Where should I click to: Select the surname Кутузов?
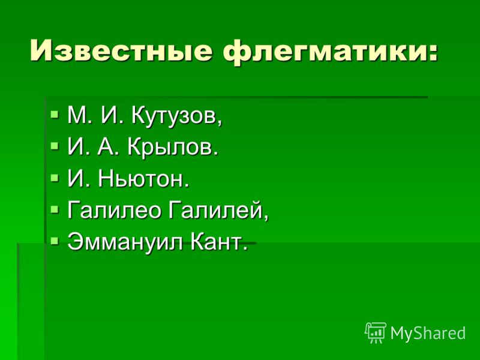[x=176, y=116]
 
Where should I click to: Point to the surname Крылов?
[x=173, y=148]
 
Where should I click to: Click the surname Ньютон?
[x=143, y=179]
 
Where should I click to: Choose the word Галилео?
[x=114, y=211]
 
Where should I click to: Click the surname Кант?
[x=218, y=242]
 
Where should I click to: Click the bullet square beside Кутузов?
[x=55, y=115]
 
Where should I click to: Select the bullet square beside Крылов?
[x=55, y=146]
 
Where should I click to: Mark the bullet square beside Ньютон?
[x=55, y=178]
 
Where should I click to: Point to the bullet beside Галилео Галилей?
[x=55, y=209]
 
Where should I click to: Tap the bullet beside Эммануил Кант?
[x=55, y=241]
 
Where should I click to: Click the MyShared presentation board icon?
[x=376, y=333]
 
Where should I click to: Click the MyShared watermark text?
[x=428, y=333]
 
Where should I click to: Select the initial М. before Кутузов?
[x=79, y=115]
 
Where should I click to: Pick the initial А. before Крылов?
[x=108, y=148]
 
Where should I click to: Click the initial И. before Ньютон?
[x=77, y=179]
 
